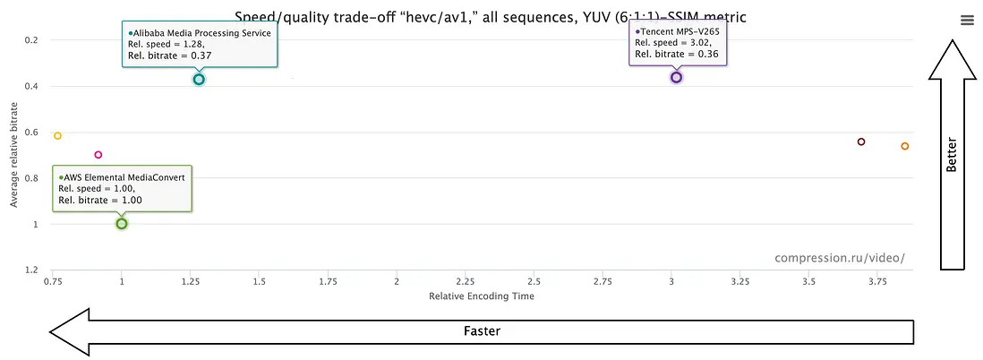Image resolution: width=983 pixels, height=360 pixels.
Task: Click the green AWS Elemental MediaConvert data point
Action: coord(122,223)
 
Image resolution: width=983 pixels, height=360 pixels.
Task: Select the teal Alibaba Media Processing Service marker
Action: coord(199,80)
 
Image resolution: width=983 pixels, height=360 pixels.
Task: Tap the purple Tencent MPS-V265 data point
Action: coord(676,78)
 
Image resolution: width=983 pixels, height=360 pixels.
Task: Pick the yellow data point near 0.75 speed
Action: coord(57,136)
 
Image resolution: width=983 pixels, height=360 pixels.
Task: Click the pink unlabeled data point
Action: coord(98,155)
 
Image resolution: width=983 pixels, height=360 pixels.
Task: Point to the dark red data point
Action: coord(861,141)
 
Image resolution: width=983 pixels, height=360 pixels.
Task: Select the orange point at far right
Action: coord(904,146)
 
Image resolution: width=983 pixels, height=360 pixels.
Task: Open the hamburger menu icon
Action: coord(966,21)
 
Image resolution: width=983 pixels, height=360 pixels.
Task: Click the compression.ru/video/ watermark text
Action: coord(840,259)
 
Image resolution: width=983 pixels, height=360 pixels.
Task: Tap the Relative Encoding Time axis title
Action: coord(482,296)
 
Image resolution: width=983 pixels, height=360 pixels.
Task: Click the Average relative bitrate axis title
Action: coord(14,154)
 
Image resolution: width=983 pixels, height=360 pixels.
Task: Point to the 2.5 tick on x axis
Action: coord(534,281)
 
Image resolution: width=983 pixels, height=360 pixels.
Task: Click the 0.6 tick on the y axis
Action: coord(32,133)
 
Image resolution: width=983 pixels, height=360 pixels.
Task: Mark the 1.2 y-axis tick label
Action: coord(32,270)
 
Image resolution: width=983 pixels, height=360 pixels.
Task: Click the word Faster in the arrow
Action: coord(482,330)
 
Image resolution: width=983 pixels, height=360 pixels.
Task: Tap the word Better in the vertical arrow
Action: coord(952,154)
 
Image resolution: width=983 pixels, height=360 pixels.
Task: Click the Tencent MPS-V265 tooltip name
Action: coord(679,31)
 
